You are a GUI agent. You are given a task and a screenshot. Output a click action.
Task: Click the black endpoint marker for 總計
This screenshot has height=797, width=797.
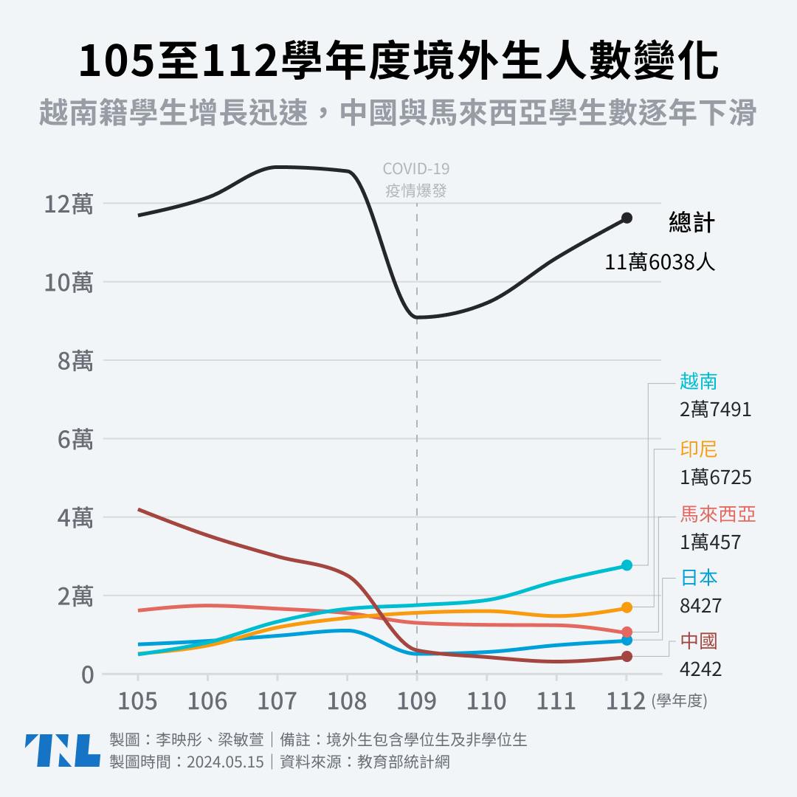click(x=627, y=218)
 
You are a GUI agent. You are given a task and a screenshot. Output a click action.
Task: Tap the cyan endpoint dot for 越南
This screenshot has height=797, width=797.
click(x=627, y=565)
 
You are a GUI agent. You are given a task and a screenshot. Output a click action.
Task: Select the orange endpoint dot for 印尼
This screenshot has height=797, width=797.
click(x=627, y=607)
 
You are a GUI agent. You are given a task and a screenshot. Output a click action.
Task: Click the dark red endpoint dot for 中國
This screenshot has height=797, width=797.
click(x=627, y=657)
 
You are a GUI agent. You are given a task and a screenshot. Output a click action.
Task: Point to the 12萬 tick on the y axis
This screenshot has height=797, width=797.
click(x=67, y=204)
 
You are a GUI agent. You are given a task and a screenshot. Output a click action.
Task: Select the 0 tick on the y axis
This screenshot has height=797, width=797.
click(x=87, y=674)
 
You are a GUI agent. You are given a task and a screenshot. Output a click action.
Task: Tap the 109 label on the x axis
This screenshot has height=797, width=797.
click(x=417, y=700)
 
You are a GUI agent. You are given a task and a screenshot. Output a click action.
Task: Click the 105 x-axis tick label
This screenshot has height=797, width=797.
click(x=138, y=700)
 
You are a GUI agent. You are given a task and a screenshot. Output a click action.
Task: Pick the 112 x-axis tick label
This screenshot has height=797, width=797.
click(x=627, y=700)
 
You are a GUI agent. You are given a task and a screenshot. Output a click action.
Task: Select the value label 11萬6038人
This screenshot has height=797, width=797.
click(x=660, y=261)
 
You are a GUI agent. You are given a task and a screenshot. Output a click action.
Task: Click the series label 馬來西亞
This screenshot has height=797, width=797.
click(x=718, y=514)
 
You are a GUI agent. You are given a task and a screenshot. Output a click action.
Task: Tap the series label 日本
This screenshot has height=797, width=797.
click(x=699, y=577)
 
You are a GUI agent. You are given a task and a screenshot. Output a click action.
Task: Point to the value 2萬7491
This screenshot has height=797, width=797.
click(x=715, y=409)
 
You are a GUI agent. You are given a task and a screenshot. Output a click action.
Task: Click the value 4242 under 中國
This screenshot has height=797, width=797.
click(x=700, y=669)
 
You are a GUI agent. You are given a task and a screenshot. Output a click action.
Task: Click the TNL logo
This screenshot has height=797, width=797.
click(x=62, y=751)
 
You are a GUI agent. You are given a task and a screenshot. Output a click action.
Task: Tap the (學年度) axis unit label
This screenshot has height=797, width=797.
click(x=679, y=702)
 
